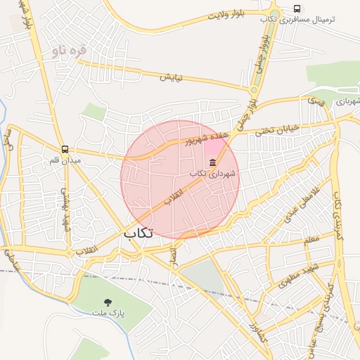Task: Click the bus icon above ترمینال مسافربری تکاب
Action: (x=297, y=8)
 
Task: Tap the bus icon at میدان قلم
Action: (x=65, y=149)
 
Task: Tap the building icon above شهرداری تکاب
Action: (x=213, y=163)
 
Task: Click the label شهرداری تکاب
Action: (x=213, y=173)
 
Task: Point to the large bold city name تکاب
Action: (x=138, y=233)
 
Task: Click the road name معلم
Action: (x=311, y=239)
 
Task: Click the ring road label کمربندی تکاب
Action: (x=338, y=214)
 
